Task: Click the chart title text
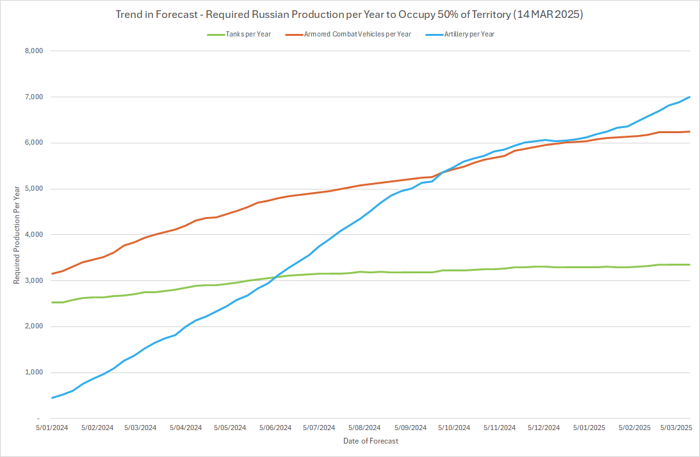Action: [350, 13]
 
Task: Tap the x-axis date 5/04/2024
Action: [186, 428]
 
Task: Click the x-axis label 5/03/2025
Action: [676, 428]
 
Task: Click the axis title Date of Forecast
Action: [370, 441]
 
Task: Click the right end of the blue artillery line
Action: [689, 97]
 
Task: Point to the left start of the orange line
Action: [52, 273]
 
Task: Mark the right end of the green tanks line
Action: [689, 264]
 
